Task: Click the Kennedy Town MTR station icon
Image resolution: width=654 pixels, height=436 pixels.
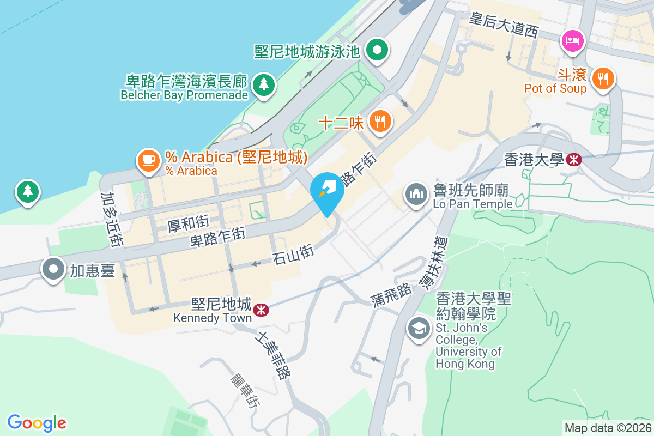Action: tap(261, 310)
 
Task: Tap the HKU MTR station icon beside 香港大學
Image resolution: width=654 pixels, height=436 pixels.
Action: tap(573, 159)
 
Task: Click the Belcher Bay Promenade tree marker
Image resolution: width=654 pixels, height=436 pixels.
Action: tap(264, 84)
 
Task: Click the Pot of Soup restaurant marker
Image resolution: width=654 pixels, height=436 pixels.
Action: tap(602, 78)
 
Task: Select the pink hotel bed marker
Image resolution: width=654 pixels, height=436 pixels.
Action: tap(573, 40)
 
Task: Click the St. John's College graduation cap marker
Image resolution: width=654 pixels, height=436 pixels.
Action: tap(419, 328)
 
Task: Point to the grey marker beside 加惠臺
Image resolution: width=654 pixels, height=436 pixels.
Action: tap(53, 269)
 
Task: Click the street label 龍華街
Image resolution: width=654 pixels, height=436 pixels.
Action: tap(244, 390)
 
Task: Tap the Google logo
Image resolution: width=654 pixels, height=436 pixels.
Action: tap(37, 423)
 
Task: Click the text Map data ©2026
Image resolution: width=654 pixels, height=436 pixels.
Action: tap(607, 428)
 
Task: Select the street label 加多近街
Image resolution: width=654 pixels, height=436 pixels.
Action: tap(111, 219)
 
